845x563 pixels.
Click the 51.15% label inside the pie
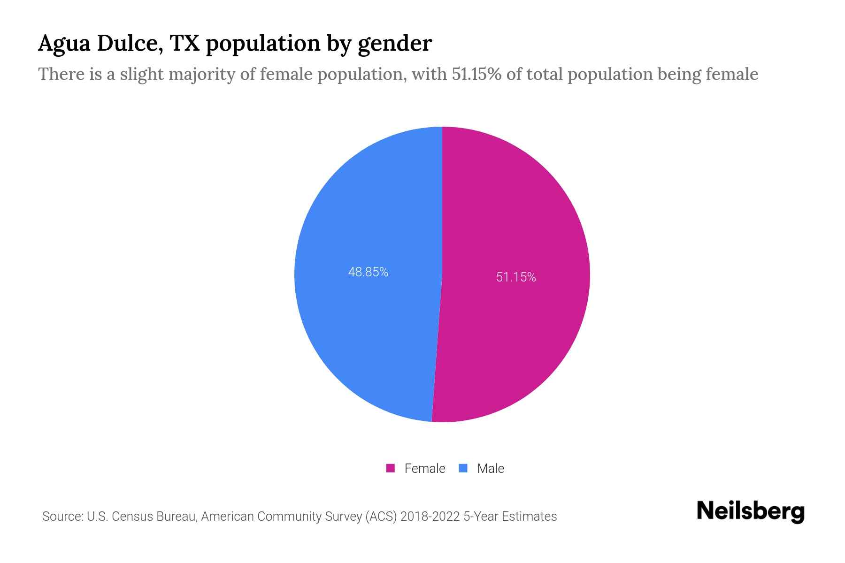point(515,277)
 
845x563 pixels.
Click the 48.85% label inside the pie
point(368,272)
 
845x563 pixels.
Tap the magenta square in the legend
point(390,468)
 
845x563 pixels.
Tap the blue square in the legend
point(463,468)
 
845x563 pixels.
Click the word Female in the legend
point(424,468)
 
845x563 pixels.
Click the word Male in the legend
point(490,468)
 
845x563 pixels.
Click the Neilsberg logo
point(750,511)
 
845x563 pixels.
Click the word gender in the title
point(394,44)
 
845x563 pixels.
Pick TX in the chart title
point(184,43)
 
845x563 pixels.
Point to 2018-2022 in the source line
point(430,517)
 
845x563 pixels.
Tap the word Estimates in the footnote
point(529,517)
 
